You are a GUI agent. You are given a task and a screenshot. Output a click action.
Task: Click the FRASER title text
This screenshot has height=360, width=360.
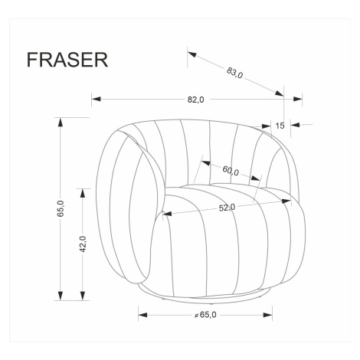click(67, 60)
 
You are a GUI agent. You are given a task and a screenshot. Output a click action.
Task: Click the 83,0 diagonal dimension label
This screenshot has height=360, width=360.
click(234, 73)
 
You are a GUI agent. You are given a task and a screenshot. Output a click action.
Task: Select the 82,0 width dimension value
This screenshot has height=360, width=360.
click(196, 100)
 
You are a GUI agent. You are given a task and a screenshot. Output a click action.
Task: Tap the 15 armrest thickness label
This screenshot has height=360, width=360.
click(280, 126)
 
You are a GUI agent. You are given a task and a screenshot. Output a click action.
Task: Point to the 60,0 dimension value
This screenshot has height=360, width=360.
click(231, 171)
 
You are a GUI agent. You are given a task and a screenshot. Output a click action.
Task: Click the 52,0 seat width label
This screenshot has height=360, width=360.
click(227, 208)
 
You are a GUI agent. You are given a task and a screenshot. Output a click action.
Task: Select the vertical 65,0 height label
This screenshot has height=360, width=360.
click(61, 208)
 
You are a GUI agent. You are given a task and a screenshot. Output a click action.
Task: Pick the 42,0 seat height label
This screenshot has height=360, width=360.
click(83, 244)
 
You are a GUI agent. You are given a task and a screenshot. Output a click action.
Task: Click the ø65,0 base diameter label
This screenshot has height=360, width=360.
click(205, 315)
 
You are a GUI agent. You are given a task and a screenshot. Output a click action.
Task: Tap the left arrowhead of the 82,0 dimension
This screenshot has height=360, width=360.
click(96, 99)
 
